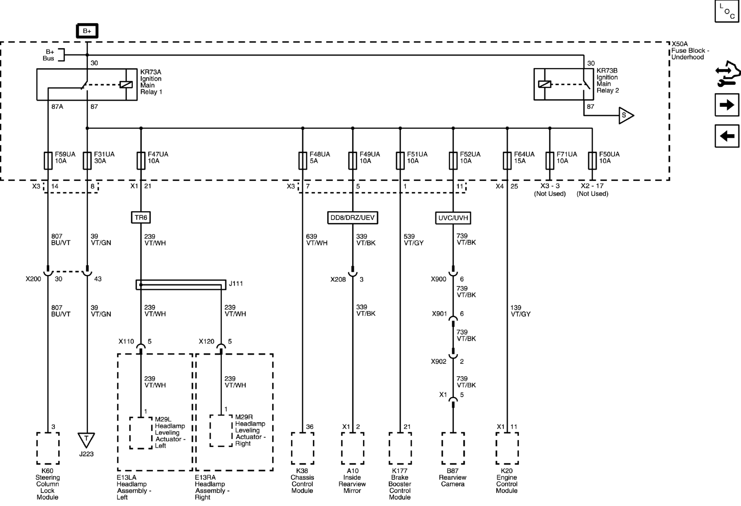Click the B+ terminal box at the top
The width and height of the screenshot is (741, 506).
click(87, 31)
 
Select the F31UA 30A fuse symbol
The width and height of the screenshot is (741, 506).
click(87, 161)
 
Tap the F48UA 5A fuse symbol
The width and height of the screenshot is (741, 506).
click(303, 161)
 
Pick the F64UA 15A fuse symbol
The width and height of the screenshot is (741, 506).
click(507, 161)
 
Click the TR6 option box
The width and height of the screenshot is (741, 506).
click(141, 218)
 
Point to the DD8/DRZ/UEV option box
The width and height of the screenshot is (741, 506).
click(352, 218)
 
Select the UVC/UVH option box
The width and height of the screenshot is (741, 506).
click(453, 218)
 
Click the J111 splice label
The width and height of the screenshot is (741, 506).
click(236, 283)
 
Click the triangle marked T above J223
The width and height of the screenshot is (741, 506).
click(86, 440)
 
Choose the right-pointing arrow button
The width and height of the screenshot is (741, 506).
click(727, 105)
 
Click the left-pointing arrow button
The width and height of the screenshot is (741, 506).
click(727, 136)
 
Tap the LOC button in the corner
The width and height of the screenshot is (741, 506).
click(727, 11)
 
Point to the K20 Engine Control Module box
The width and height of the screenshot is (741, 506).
click(507, 449)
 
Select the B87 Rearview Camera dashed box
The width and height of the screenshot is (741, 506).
click(453, 449)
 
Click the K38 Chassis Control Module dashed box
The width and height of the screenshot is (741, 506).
click(303, 449)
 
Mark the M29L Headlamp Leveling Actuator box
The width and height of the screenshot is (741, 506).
click(141, 433)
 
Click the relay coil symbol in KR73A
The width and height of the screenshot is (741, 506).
click(126, 85)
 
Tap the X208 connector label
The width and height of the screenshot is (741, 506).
click(338, 279)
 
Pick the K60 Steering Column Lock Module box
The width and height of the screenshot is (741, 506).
click(48, 449)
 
